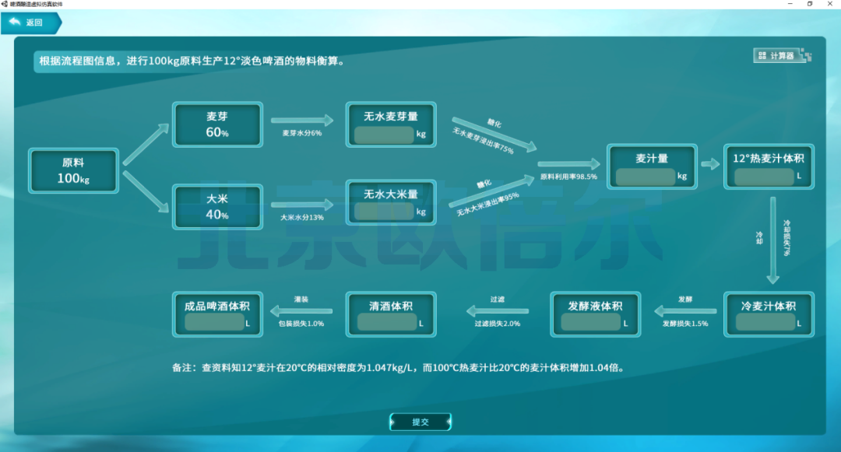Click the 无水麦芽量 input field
384,135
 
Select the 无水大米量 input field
384,212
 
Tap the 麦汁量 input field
645,177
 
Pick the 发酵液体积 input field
589,322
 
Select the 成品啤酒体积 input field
214,322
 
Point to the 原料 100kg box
73,171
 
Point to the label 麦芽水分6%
301,133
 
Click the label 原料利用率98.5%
568,177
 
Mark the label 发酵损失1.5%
685,323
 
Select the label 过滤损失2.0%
498,323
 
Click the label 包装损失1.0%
301,323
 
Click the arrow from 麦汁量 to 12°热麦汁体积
709,164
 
